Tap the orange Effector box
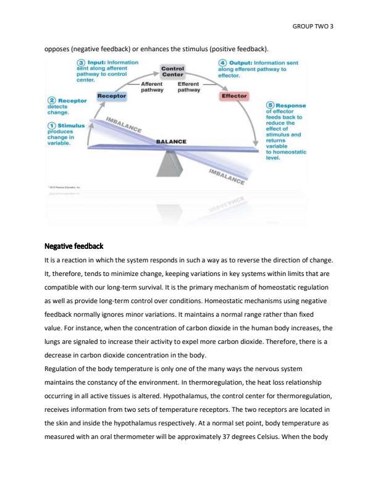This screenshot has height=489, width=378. pos(233,96)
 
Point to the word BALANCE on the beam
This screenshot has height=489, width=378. pos(171,141)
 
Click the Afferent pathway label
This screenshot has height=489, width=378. pos(152,86)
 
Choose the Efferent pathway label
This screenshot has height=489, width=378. pos(190,86)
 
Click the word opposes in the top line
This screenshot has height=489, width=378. pos(59,48)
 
